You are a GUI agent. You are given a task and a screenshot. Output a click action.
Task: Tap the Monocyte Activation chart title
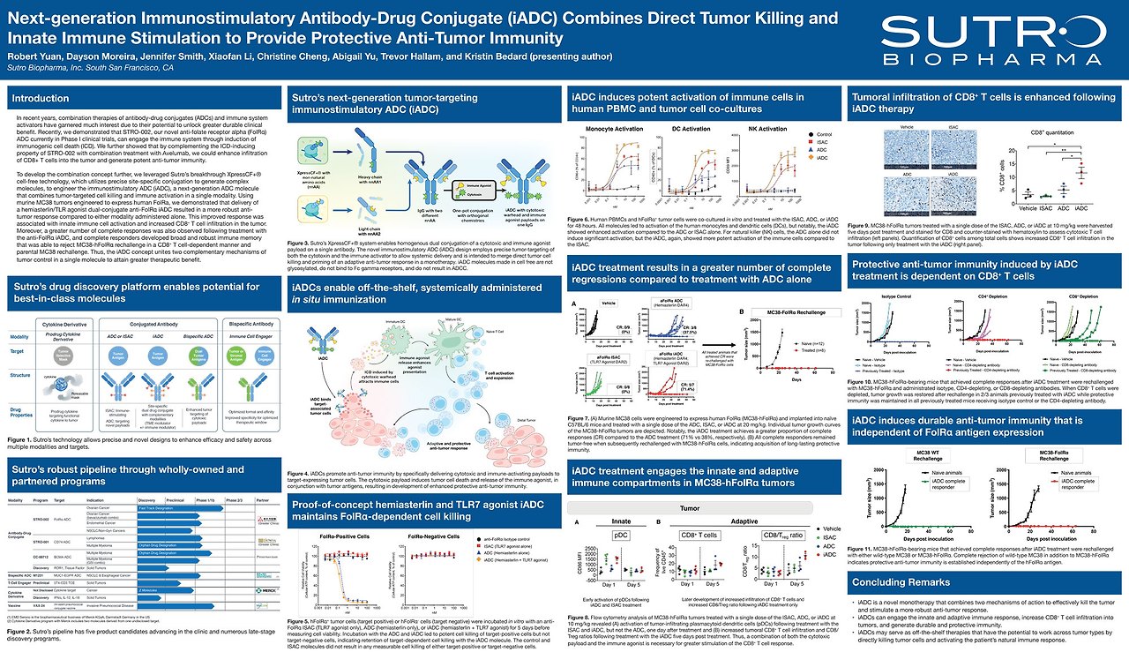coord(615,128)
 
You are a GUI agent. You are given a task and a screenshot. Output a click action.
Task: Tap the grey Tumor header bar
coord(690,508)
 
